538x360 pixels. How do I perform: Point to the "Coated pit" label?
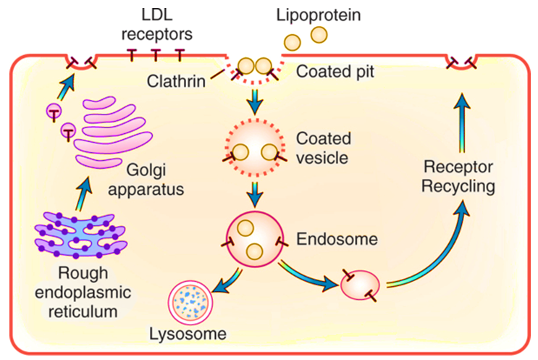click(x=332, y=72)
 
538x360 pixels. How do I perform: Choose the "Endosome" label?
click(x=327, y=237)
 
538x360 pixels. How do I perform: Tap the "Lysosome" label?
click(x=188, y=334)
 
